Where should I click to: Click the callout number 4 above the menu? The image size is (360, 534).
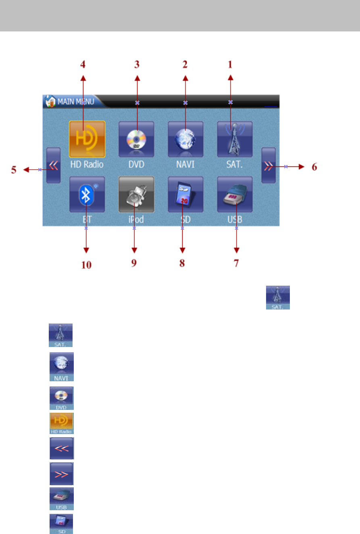coord(83,64)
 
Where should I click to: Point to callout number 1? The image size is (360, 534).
coord(230,64)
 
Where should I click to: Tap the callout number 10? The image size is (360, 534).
coord(87,265)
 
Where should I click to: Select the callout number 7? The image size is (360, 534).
coord(236,264)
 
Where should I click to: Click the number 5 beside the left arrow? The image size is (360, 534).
coord(14,170)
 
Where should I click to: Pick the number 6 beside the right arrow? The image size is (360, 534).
coord(314,166)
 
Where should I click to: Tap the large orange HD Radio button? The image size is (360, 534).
coord(87,139)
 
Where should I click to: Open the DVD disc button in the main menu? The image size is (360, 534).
coord(137,139)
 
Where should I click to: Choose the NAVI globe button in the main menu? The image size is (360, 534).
coord(185,139)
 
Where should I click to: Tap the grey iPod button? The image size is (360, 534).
coord(136,194)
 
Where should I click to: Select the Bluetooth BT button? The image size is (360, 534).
coord(87,194)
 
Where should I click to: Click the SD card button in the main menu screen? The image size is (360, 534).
coord(185,194)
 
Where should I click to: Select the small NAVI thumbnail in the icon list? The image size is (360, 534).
coord(62,367)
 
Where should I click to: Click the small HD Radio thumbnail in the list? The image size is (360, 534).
coord(62,423)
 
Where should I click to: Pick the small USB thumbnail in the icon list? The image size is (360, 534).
coord(62,499)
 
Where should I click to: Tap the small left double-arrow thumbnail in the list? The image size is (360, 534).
coord(62,448)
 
